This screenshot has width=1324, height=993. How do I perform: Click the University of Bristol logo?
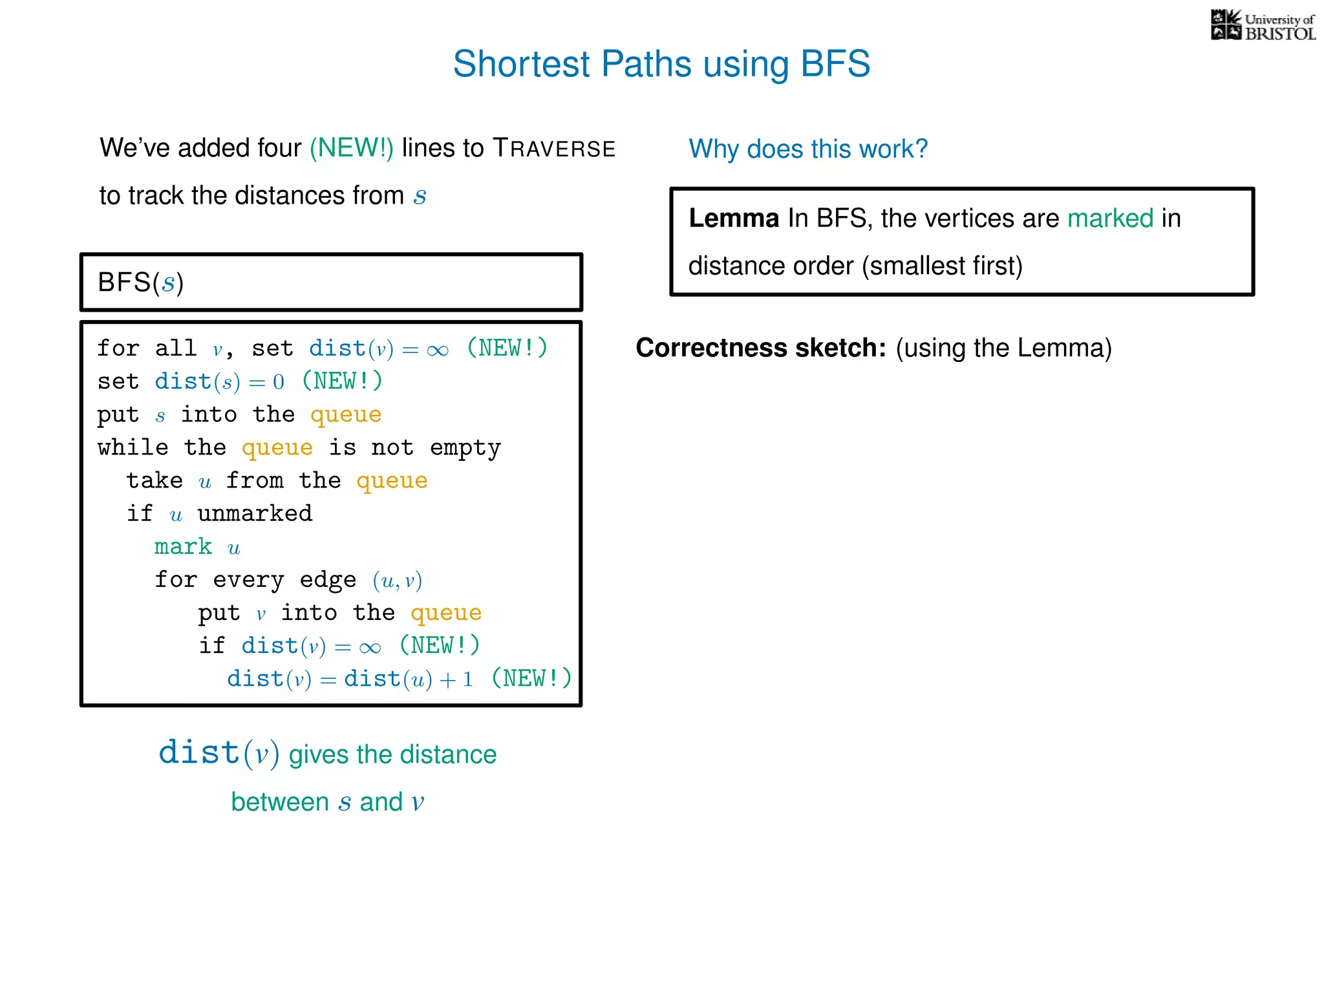[x=1263, y=26]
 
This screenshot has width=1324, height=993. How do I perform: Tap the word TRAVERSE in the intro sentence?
[x=554, y=148]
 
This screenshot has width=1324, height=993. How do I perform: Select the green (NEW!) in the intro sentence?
[x=351, y=148]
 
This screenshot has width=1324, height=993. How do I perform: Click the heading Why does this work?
[x=807, y=149]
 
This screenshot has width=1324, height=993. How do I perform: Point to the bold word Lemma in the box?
[x=733, y=219]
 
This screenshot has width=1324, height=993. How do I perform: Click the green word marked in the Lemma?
[x=1109, y=219]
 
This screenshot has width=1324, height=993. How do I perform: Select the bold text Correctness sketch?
[x=760, y=348]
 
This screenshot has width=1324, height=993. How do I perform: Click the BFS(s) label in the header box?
[x=140, y=283]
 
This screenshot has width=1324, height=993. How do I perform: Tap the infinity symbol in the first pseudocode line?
[x=438, y=350]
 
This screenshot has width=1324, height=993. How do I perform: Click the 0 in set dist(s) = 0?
[x=279, y=382]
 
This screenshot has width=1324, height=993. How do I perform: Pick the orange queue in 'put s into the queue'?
[x=346, y=415]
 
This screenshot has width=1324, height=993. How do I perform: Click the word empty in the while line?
[x=465, y=448]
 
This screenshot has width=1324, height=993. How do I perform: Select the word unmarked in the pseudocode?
[x=255, y=514]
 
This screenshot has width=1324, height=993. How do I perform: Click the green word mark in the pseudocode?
[x=183, y=547]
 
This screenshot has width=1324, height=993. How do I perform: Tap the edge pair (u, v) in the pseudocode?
[x=397, y=581]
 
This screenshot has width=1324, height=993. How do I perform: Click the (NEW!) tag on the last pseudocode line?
[x=531, y=678]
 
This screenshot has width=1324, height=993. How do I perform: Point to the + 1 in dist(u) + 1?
[x=456, y=679]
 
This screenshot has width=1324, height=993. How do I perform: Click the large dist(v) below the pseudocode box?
[x=219, y=753]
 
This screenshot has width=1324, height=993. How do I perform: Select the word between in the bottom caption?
[x=280, y=802]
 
